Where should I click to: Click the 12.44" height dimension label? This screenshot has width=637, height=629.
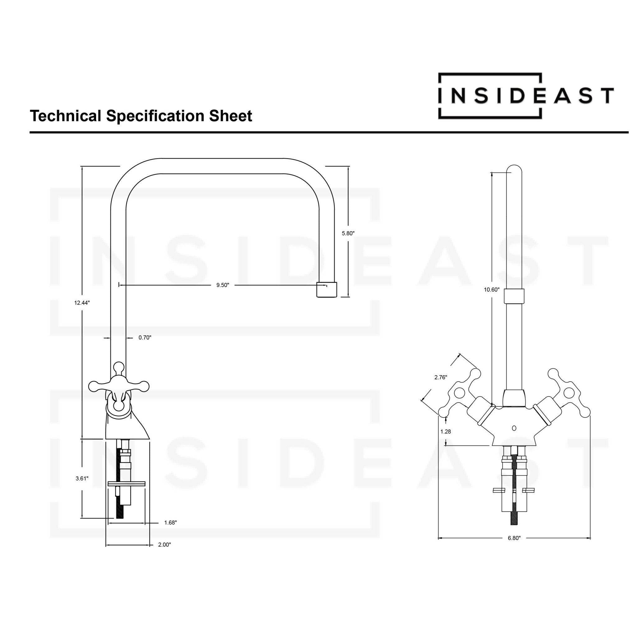[82, 303]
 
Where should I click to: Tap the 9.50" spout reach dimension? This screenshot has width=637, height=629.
[223, 285]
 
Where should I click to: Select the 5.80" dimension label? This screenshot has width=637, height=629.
[348, 234]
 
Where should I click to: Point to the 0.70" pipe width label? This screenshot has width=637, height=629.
[145, 338]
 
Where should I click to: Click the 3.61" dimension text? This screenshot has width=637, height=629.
[82, 478]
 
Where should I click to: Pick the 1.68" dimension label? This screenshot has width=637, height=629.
[170, 523]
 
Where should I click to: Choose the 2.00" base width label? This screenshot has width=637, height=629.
[165, 545]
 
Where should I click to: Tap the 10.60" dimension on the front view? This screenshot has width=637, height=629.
[492, 290]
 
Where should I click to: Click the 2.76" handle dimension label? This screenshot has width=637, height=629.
[440, 377]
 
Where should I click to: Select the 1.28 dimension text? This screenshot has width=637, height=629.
[445, 432]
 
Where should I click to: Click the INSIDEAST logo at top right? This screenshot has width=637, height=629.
[526, 95]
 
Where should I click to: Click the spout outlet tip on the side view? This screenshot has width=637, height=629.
[326, 290]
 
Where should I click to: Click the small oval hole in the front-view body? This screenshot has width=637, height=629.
[514, 428]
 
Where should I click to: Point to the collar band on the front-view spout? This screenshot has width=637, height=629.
[514, 296]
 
